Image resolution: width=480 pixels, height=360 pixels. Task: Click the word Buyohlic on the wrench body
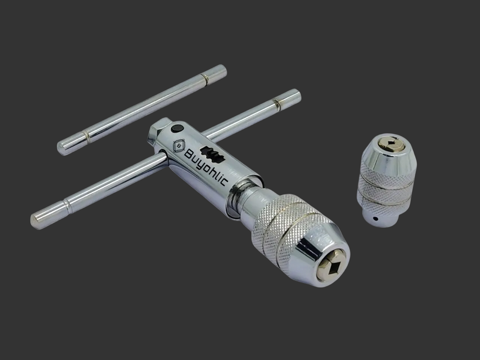[x=206, y=167]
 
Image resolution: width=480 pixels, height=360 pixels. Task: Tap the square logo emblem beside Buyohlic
[x=179, y=146]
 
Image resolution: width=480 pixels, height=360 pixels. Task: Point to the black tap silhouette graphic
[x=213, y=154]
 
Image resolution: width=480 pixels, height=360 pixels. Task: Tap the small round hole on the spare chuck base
[x=375, y=218]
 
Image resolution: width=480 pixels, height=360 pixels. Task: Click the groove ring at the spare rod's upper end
[x=204, y=79]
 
